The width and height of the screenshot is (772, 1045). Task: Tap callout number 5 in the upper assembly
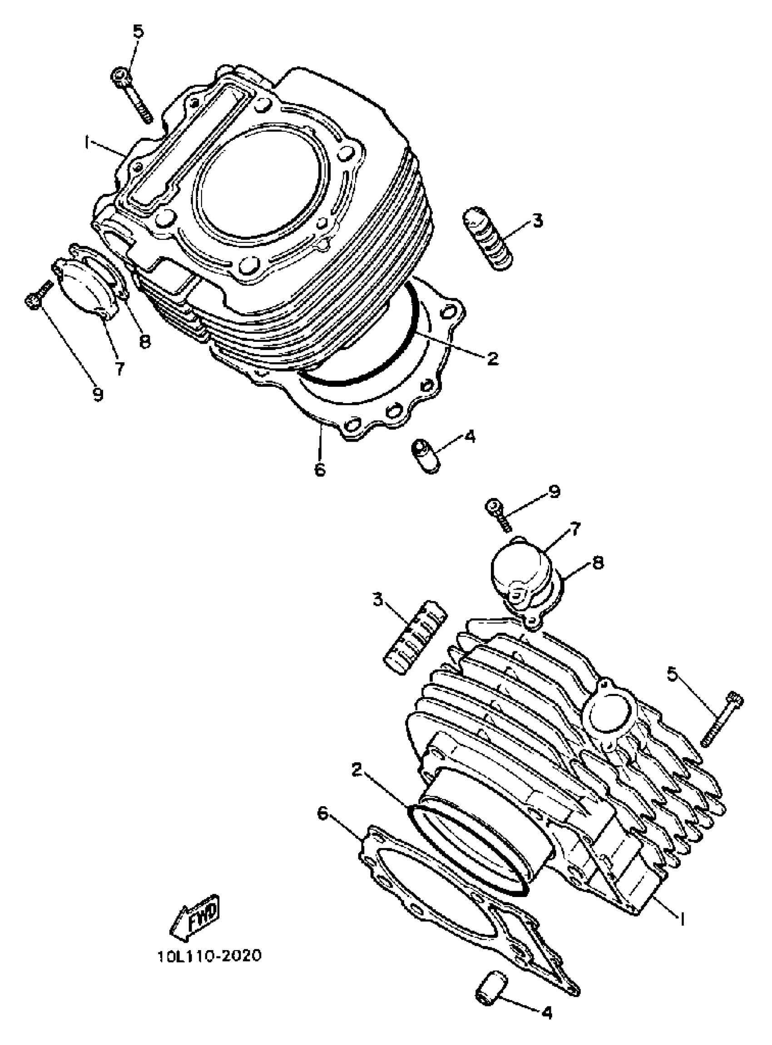tap(139, 32)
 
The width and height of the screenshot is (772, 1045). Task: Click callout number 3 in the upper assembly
tap(537, 220)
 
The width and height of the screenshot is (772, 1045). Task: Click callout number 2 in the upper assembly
tap(492, 358)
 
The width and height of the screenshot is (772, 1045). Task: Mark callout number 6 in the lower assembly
tap(322, 813)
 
